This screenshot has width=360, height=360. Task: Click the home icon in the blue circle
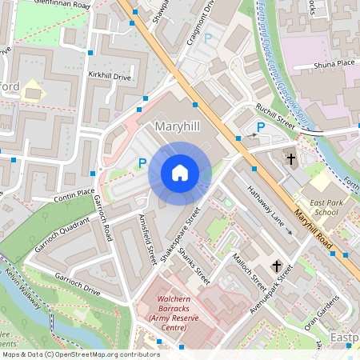pyautogui.click(x=180, y=173)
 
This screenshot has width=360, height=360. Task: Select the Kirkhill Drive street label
pyautogui.click(x=109, y=77)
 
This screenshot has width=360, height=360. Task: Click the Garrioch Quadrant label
pyautogui.click(x=62, y=234)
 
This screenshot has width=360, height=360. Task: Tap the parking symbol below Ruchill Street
pyautogui.click(x=261, y=127)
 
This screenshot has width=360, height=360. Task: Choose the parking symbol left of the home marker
pyautogui.click(x=142, y=163)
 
